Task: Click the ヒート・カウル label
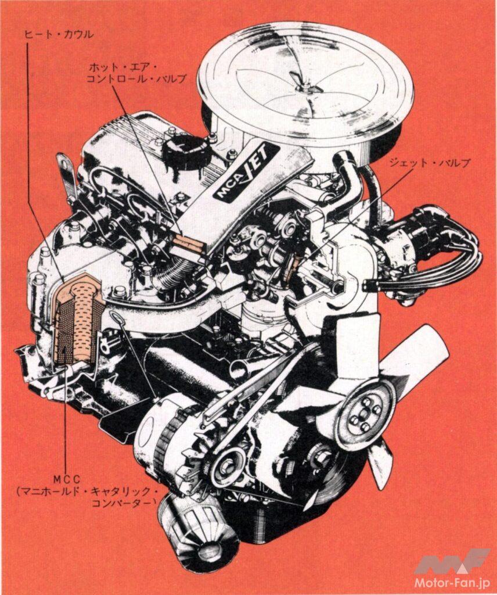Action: pyautogui.click(x=58, y=34)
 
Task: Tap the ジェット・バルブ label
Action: pyautogui.click(x=430, y=163)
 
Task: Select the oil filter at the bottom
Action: pyautogui.click(x=197, y=528)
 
